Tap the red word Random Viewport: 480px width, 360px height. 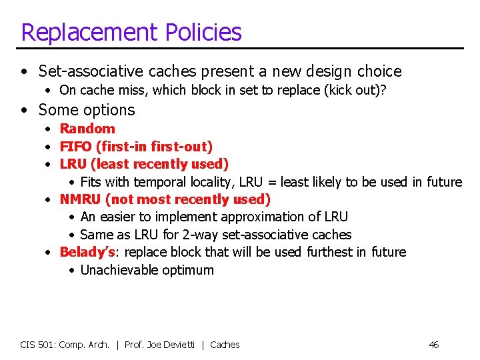87,129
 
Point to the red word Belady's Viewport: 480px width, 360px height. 87,252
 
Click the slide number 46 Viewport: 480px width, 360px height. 433,345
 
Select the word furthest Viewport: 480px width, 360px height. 329,252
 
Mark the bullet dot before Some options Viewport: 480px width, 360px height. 25,110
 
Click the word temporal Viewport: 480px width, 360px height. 160,182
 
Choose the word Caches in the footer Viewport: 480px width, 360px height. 225,345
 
